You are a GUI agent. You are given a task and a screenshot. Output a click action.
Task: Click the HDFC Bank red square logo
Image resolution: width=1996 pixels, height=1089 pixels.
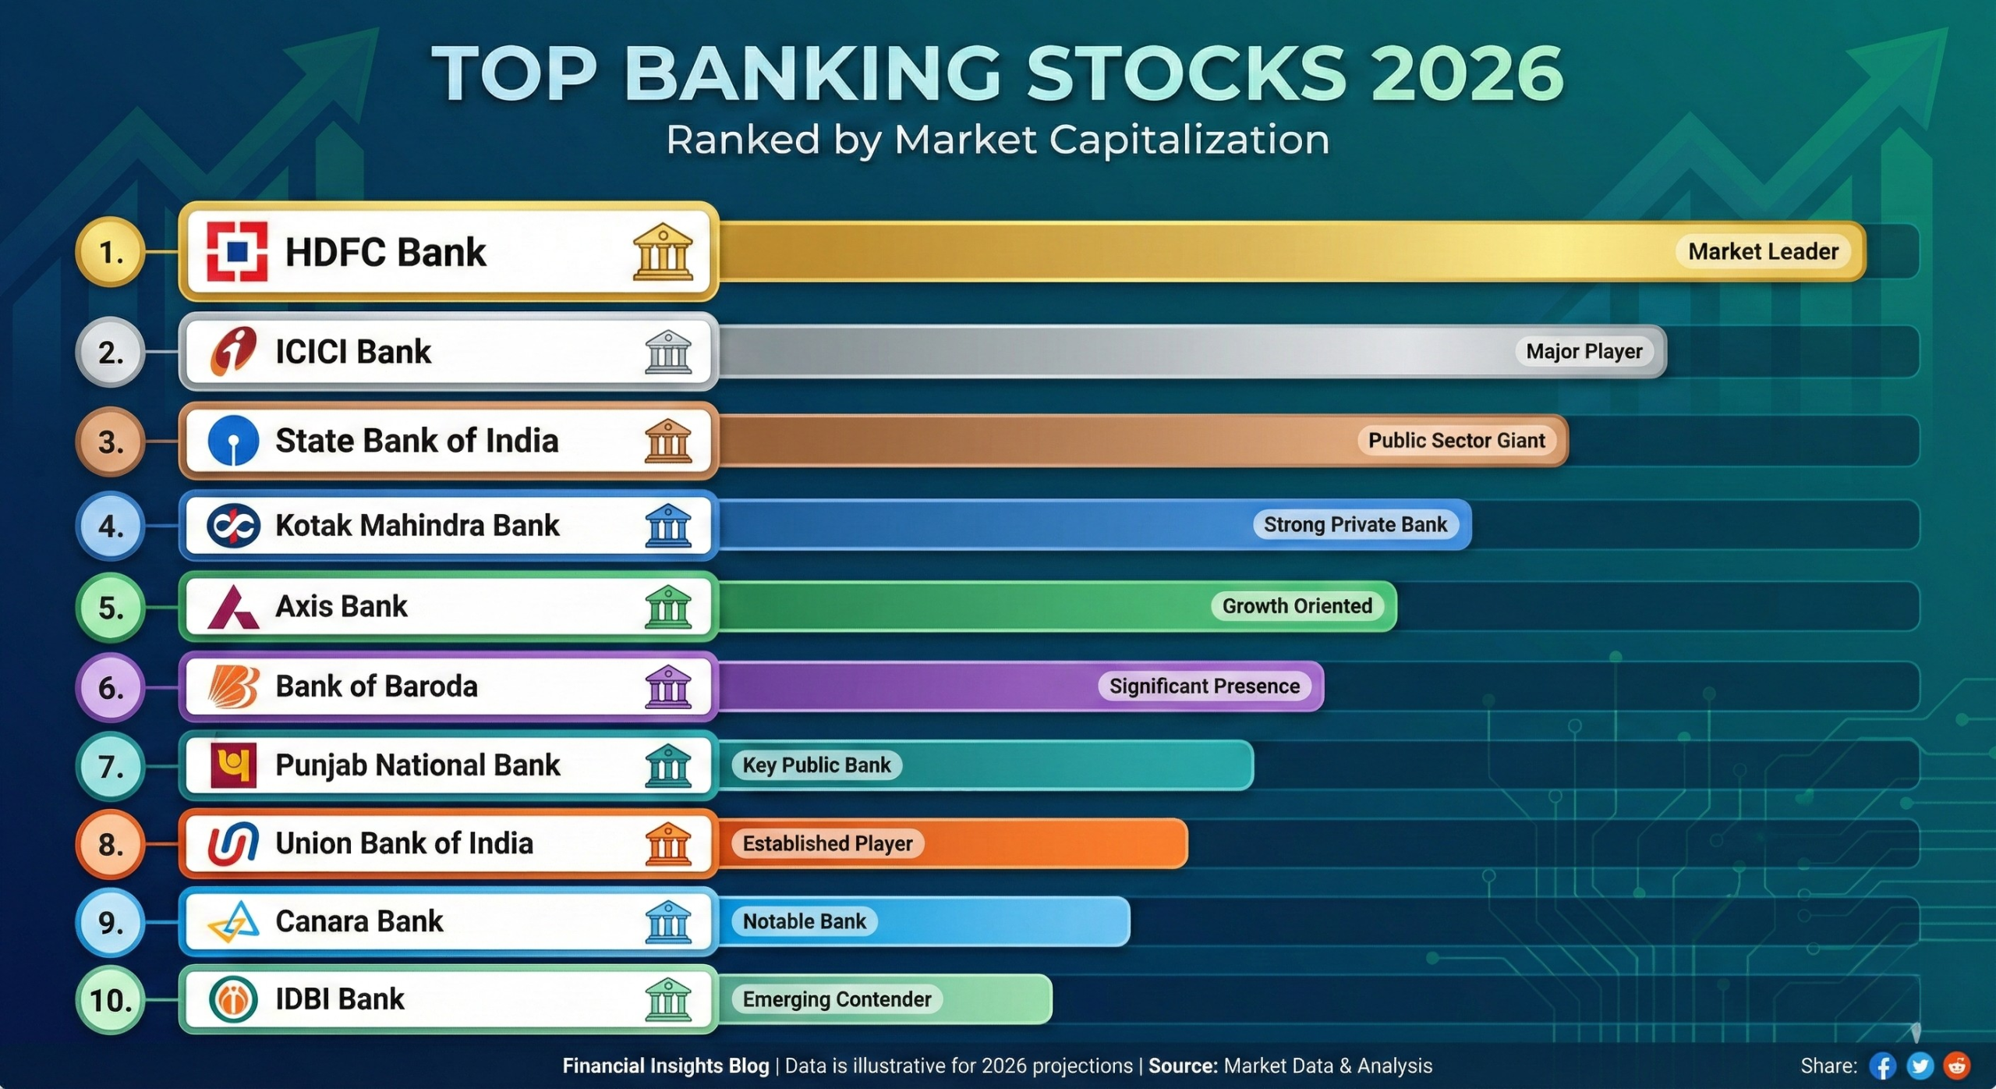(x=237, y=251)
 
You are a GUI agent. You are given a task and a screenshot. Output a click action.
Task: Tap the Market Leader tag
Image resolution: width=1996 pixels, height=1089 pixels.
(x=1763, y=252)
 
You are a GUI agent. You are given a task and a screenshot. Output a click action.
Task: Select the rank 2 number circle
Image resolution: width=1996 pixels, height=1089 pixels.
(x=111, y=353)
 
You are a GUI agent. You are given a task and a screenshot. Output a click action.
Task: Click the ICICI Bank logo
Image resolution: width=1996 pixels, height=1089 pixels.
(x=233, y=352)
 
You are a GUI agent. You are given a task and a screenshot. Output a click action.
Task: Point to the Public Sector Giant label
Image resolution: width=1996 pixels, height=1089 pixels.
(x=1456, y=441)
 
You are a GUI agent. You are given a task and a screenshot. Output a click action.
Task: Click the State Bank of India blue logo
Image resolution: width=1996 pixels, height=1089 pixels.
(x=233, y=441)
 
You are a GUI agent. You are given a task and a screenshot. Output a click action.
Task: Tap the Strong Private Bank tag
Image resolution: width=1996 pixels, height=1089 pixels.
(x=1354, y=525)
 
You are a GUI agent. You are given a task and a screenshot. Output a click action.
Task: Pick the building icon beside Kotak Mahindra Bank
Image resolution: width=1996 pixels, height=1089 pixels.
(x=668, y=525)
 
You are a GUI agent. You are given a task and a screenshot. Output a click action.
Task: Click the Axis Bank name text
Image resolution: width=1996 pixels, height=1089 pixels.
(x=341, y=606)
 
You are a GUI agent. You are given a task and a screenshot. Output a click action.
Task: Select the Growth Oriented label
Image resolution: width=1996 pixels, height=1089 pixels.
(x=1297, y=606)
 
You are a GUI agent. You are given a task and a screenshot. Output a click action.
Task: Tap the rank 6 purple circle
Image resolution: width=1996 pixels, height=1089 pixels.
(x=111, y=687)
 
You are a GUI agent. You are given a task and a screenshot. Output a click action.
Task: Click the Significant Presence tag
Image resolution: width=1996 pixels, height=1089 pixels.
(x=1204, y=686)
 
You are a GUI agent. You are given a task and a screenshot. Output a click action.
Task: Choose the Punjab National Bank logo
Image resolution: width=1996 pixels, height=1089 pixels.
(x=233, y=765)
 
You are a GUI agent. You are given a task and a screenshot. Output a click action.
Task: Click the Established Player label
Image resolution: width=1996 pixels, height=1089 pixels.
(x=826, y=843)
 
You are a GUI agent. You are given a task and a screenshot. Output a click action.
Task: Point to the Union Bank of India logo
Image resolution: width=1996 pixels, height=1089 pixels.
(x=233, y=843)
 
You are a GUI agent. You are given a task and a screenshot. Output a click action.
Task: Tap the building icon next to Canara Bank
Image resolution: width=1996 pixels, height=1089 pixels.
(x=668, y=921)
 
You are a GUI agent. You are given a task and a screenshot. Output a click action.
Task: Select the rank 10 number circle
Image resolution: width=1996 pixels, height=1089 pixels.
(x=111, y=1000)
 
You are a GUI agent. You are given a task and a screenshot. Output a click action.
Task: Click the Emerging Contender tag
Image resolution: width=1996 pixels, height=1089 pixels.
(x=837, y=999)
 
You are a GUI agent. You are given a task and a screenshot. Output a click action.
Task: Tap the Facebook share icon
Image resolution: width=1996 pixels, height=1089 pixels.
(x=1882, y=1066)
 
